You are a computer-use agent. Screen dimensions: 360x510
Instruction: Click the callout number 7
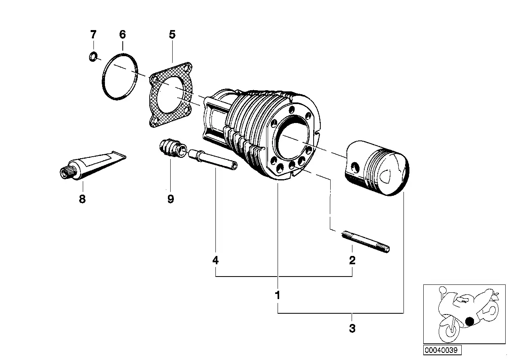coord(93,34)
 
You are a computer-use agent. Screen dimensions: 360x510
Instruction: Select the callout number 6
coord(122,34)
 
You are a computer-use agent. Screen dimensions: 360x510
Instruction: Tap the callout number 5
coord(172,34)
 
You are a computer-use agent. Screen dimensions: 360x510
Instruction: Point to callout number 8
coord(82,199)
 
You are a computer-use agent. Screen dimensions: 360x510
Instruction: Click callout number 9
coord(170,199)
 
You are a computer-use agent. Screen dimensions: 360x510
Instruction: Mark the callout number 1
coord(278,295)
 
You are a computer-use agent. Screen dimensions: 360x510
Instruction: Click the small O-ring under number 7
coord(93,57)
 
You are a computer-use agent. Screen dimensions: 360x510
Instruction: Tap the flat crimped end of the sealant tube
coord(118,156)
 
